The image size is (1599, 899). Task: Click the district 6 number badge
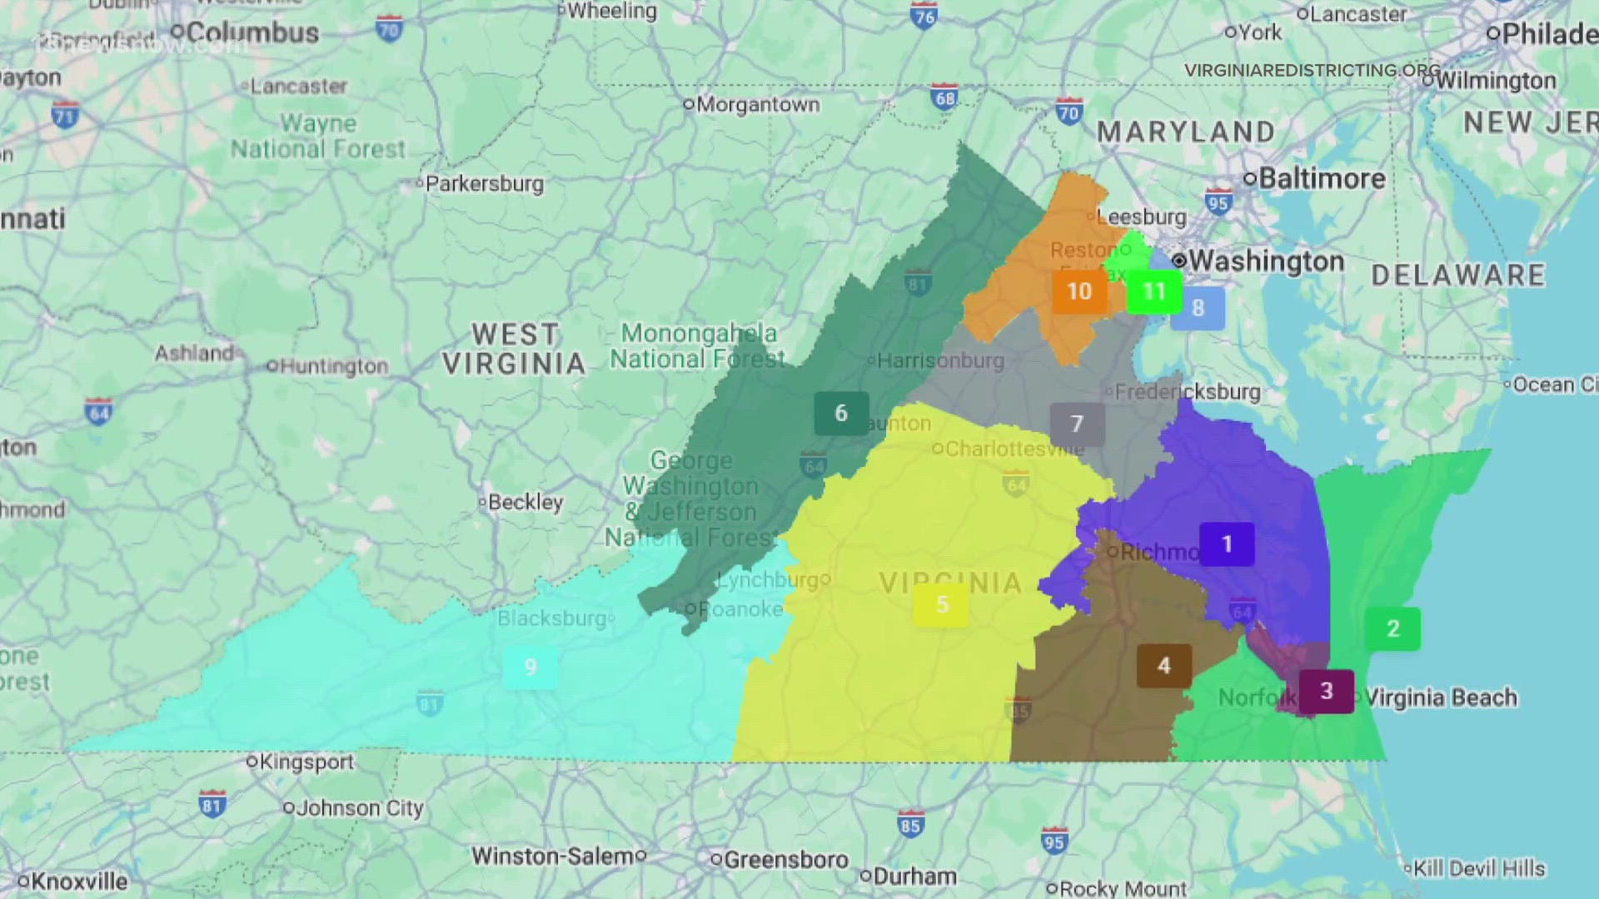click(x=841, y=413)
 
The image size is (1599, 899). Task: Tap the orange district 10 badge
click(x=1079, y=291)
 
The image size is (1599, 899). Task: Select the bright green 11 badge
click(x=1153, y=291)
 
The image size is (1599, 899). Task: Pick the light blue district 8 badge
click(x=1198, y=308)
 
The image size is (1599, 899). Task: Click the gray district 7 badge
click(x=1077, y=425)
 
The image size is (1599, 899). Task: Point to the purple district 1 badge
click(x=1227, y=544)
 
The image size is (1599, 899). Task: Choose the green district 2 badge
click(x=1392, y=628)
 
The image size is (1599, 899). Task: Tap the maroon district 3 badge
click(x=1327, y=691)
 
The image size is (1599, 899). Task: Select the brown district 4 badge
click(x=1164, y=666)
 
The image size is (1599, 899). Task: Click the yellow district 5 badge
click(x=942, y=604)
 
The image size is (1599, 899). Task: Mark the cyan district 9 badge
click(x=531, y=667)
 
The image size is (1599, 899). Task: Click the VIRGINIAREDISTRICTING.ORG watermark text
click(x=1312, y=71)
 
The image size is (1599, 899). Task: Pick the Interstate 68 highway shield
click(x=944, y=97)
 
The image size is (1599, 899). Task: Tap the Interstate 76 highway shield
click(x=924, y=16)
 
